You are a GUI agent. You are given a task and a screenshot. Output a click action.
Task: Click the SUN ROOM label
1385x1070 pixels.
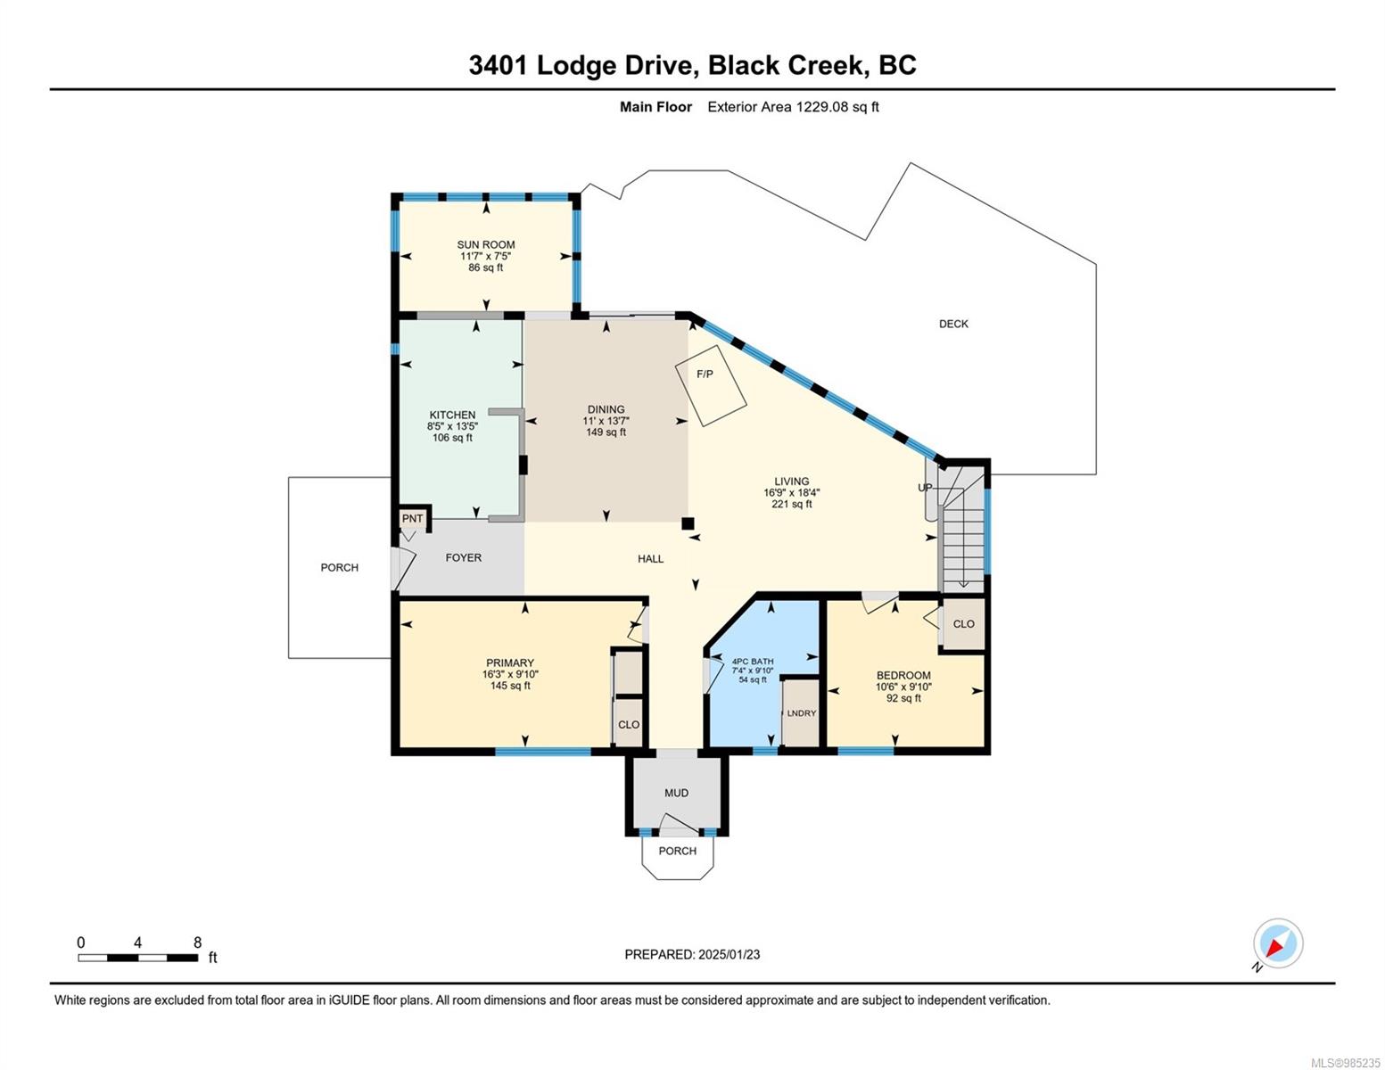(x=485, y=244)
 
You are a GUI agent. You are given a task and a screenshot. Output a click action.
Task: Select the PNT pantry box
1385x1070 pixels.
(x=412, y=519)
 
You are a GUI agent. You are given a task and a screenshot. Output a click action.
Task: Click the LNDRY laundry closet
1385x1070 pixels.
(x=801, y=712)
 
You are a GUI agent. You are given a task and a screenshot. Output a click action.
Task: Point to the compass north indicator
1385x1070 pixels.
(x=1277, y=944)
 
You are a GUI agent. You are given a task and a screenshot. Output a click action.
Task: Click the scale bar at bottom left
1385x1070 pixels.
(x=137, y=958)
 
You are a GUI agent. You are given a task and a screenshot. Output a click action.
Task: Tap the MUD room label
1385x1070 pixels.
(x=676, y=793)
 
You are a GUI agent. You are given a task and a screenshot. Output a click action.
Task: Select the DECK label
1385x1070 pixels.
(x=952, y=324)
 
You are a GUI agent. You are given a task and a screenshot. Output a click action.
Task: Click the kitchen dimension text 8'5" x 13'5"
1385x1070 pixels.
(x=452, y=426)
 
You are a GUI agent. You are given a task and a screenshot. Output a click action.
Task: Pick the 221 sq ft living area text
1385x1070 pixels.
(x=791, y=504)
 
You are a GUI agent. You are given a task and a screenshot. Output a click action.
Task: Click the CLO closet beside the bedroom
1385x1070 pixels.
(x=963, y=624)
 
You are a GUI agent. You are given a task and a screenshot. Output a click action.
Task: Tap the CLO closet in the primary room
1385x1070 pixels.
(x=628, y=724)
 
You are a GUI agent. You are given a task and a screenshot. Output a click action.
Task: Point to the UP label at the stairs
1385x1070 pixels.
(x=925, y=488)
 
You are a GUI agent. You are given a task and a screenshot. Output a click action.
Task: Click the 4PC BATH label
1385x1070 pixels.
(x=752, y=662)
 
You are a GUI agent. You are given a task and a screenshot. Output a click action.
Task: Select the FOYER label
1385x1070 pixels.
(x=463, y=557)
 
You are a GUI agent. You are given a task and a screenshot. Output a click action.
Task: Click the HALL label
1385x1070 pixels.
(x=650, y=558)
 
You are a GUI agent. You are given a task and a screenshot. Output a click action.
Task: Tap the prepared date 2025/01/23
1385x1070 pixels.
(x=729, y=954)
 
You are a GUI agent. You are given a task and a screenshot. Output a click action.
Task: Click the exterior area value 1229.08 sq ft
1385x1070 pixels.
(x=837, y=107)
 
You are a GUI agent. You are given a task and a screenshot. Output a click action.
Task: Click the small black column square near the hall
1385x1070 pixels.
(x=687, y=523)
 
